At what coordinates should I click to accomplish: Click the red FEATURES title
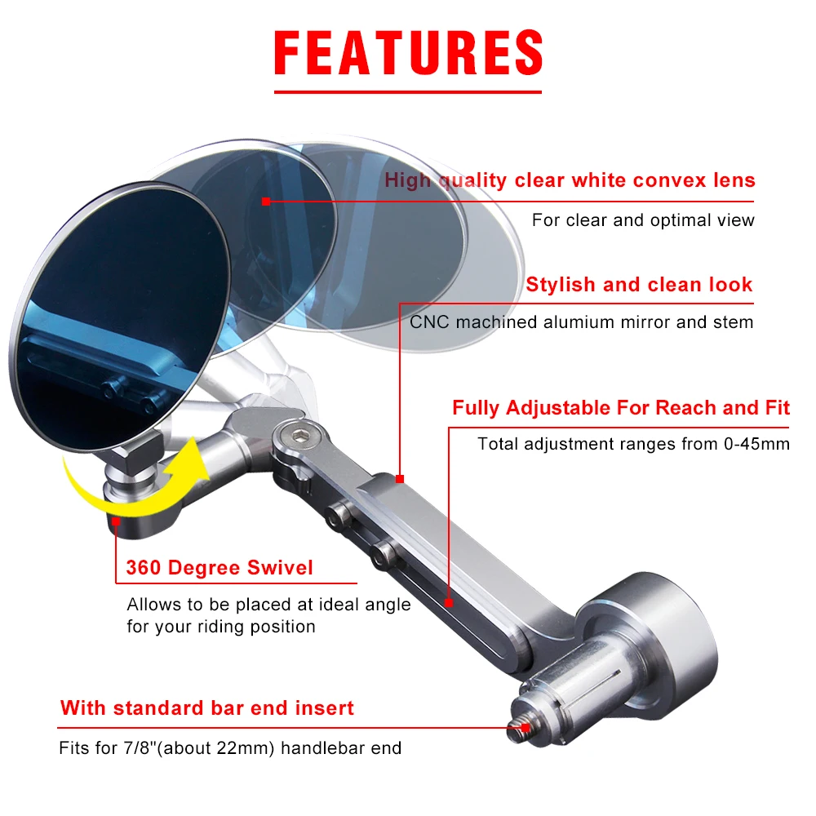409,52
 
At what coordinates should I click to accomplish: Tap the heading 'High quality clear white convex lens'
570,180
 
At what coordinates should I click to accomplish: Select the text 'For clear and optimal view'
643,220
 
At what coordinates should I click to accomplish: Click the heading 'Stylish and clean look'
639,285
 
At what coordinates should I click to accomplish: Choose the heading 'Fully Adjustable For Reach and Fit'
621,408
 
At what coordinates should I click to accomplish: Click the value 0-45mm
756,444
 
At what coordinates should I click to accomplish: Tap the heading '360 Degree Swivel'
220,568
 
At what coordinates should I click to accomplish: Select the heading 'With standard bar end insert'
207,708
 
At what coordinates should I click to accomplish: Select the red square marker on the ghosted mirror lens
266,202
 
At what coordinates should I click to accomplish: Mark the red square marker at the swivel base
116,521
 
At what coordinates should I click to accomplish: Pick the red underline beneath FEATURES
408,92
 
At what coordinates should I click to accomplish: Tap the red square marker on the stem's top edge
400,479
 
